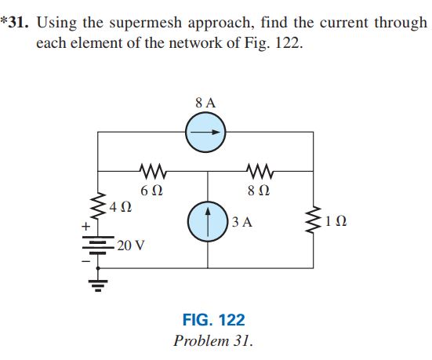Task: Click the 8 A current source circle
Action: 205,133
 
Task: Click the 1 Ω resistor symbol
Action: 315,222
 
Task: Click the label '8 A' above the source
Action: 205,102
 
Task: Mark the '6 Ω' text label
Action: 151,190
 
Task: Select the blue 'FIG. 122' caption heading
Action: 213,320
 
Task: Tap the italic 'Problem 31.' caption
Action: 213,341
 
